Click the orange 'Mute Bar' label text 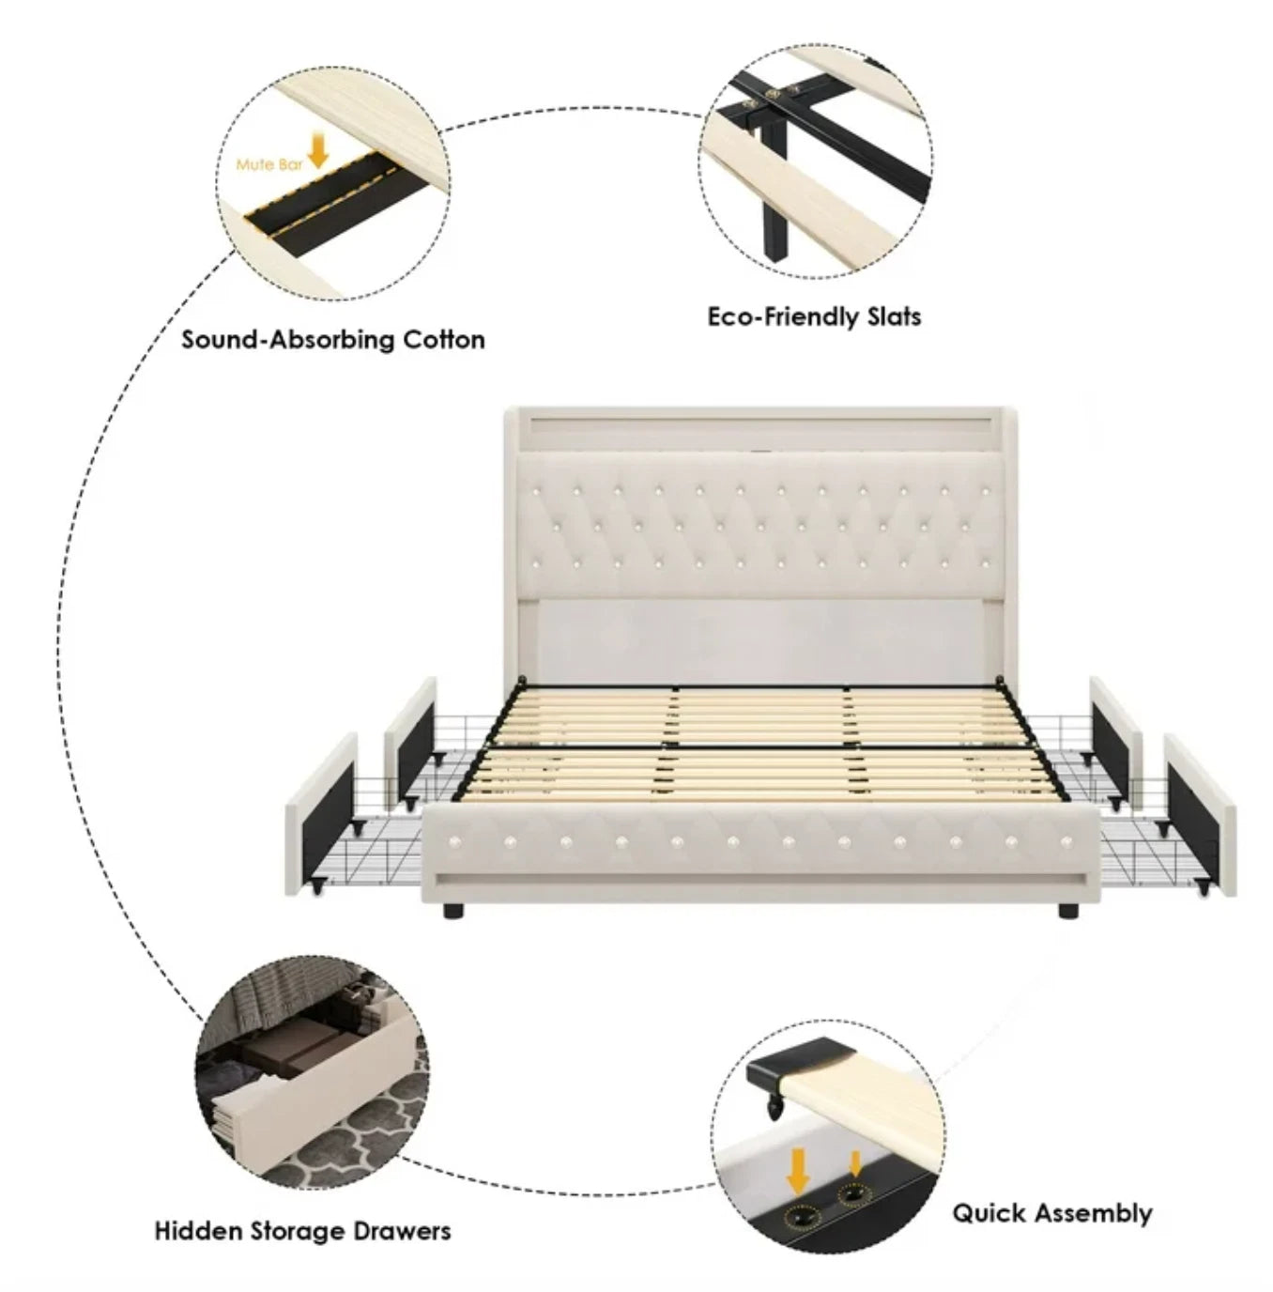[269, 164]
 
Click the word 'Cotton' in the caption [444, 340]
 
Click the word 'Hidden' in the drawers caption [198, 1231]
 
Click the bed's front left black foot [452, 911]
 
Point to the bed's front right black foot [1068, 911]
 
